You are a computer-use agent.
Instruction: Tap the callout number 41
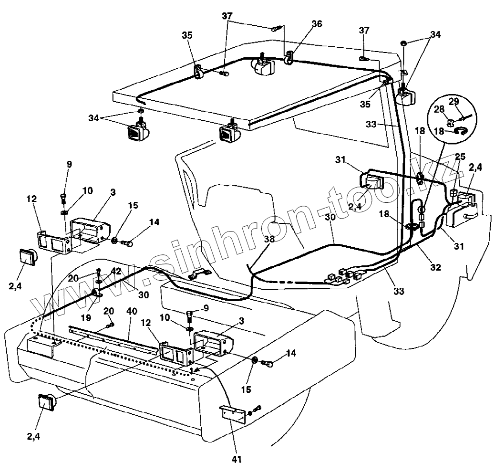[x=237, y=460]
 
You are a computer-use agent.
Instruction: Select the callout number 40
[x=132, y=311]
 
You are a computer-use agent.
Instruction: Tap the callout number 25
[x=460, y=157]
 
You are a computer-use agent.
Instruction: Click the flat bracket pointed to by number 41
[x=233, y=413]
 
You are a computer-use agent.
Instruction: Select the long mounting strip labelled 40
[x=114, y=339]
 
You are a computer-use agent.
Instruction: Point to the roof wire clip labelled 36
[x=288, y=59]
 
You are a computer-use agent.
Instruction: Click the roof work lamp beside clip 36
[x=263, y=65]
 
